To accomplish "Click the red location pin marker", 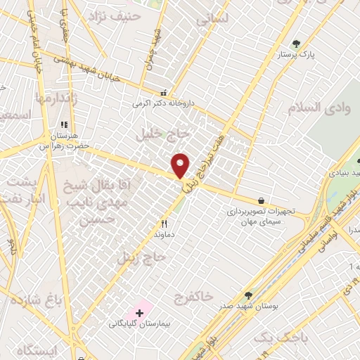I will (181, 165).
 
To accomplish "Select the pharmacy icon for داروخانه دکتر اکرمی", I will (164, 93).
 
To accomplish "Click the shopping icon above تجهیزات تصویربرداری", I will (262, 200).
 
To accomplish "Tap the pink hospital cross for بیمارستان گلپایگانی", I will (139, 311).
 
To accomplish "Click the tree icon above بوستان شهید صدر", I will (248, 295).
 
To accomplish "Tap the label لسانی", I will (213, 22).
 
